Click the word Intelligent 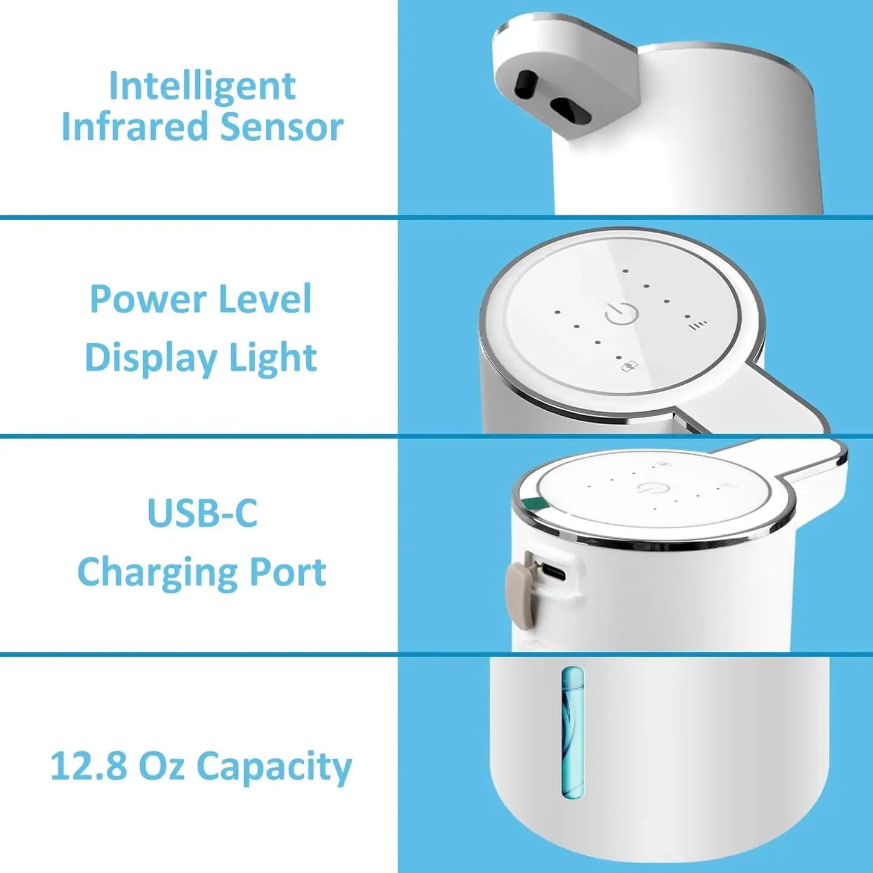[x=202, y=86]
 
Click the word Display [x=150, y=358]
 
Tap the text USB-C [x=202, y=513]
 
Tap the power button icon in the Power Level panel [x=621, y=314]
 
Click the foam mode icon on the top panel [x=629, y=366]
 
